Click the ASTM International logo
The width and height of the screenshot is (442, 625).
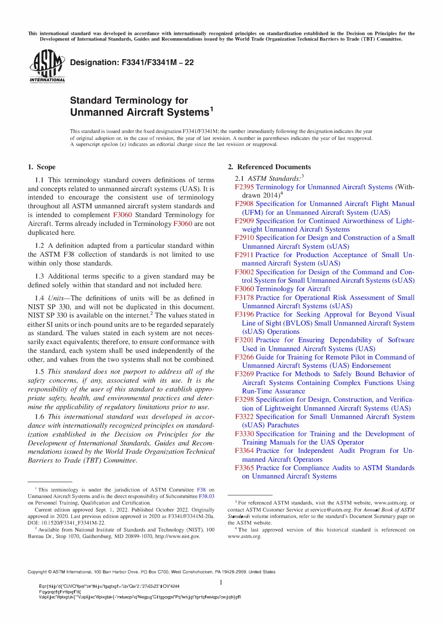tap(47, 66)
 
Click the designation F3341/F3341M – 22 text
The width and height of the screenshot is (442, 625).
tap(132, 62)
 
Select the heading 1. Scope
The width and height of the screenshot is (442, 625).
tap(41, 167)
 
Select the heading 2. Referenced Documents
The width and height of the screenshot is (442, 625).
tap(269, 167)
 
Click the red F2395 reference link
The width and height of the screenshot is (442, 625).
tap(244, 187)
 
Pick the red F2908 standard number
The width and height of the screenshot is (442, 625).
tap(244, 204)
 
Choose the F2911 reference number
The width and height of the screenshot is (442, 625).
tap(244, 255)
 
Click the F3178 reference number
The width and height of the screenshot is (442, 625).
tap(244, 298)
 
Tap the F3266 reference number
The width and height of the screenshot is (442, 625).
tap(244, 357)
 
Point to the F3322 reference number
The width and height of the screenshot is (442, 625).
tap(244, 417)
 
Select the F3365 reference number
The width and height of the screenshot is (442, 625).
tap(244, 468)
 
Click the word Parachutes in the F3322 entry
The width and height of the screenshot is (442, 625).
tap(283, 425)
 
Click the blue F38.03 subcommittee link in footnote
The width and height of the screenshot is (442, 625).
tap(207, 496)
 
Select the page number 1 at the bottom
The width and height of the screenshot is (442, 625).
tap(221, 582)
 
